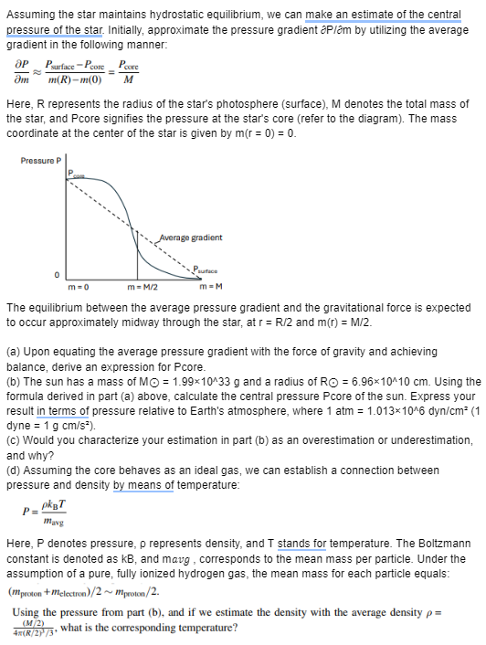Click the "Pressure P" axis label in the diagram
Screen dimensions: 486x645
point(40,162)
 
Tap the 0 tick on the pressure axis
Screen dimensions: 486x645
point(57,275)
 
